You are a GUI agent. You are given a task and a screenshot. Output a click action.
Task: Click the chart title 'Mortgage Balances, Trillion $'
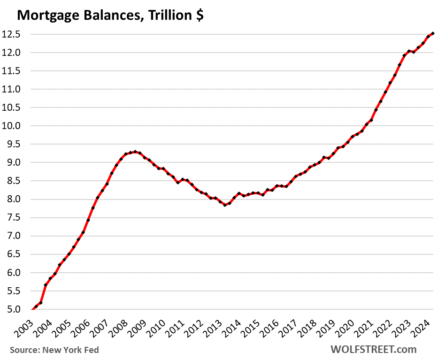[110, 15]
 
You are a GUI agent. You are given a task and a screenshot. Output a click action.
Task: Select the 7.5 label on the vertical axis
[15, 218]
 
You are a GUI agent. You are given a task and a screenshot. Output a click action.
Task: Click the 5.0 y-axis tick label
[15, 310]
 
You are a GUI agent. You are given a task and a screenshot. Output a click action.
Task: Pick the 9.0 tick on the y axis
[15, 163]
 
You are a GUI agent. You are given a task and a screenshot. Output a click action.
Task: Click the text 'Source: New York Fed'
[54, 350]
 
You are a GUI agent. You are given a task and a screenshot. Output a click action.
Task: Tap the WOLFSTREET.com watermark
[373, 349]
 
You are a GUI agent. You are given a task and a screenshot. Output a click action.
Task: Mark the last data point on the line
[433, 33]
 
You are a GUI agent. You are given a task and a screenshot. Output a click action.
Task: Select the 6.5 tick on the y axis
[15, 254]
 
